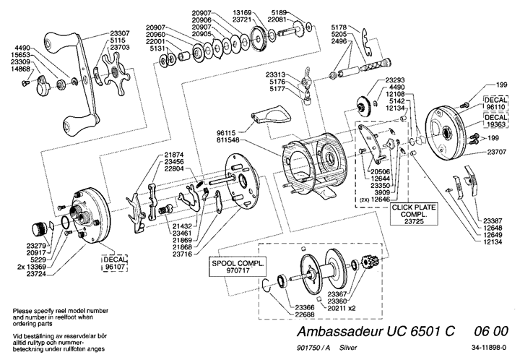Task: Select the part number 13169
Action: pyautogui.click(x=243, y=12)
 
